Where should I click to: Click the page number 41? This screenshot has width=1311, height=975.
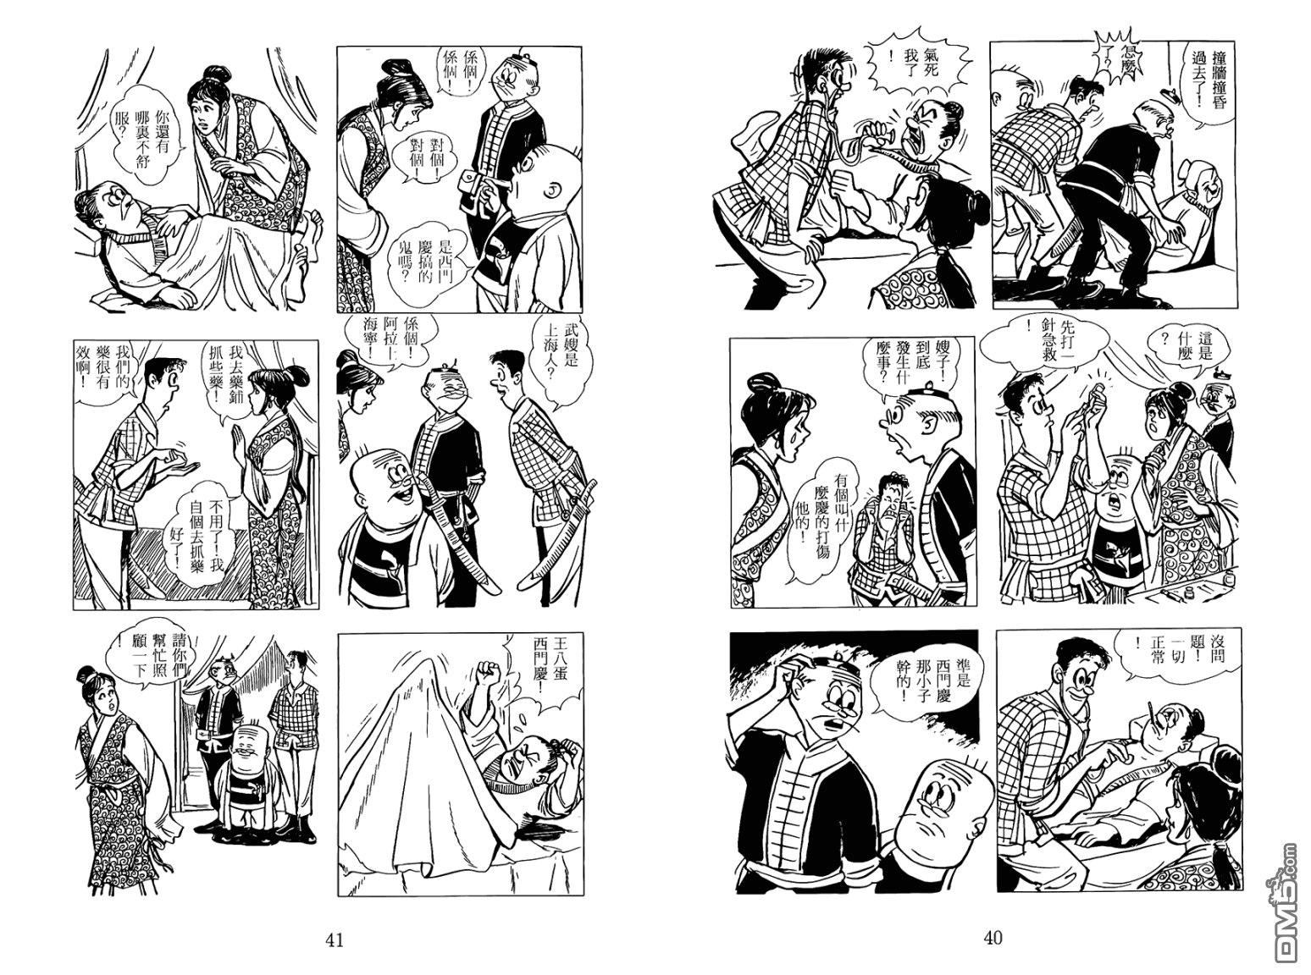335,939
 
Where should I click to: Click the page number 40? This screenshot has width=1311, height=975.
993,938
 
